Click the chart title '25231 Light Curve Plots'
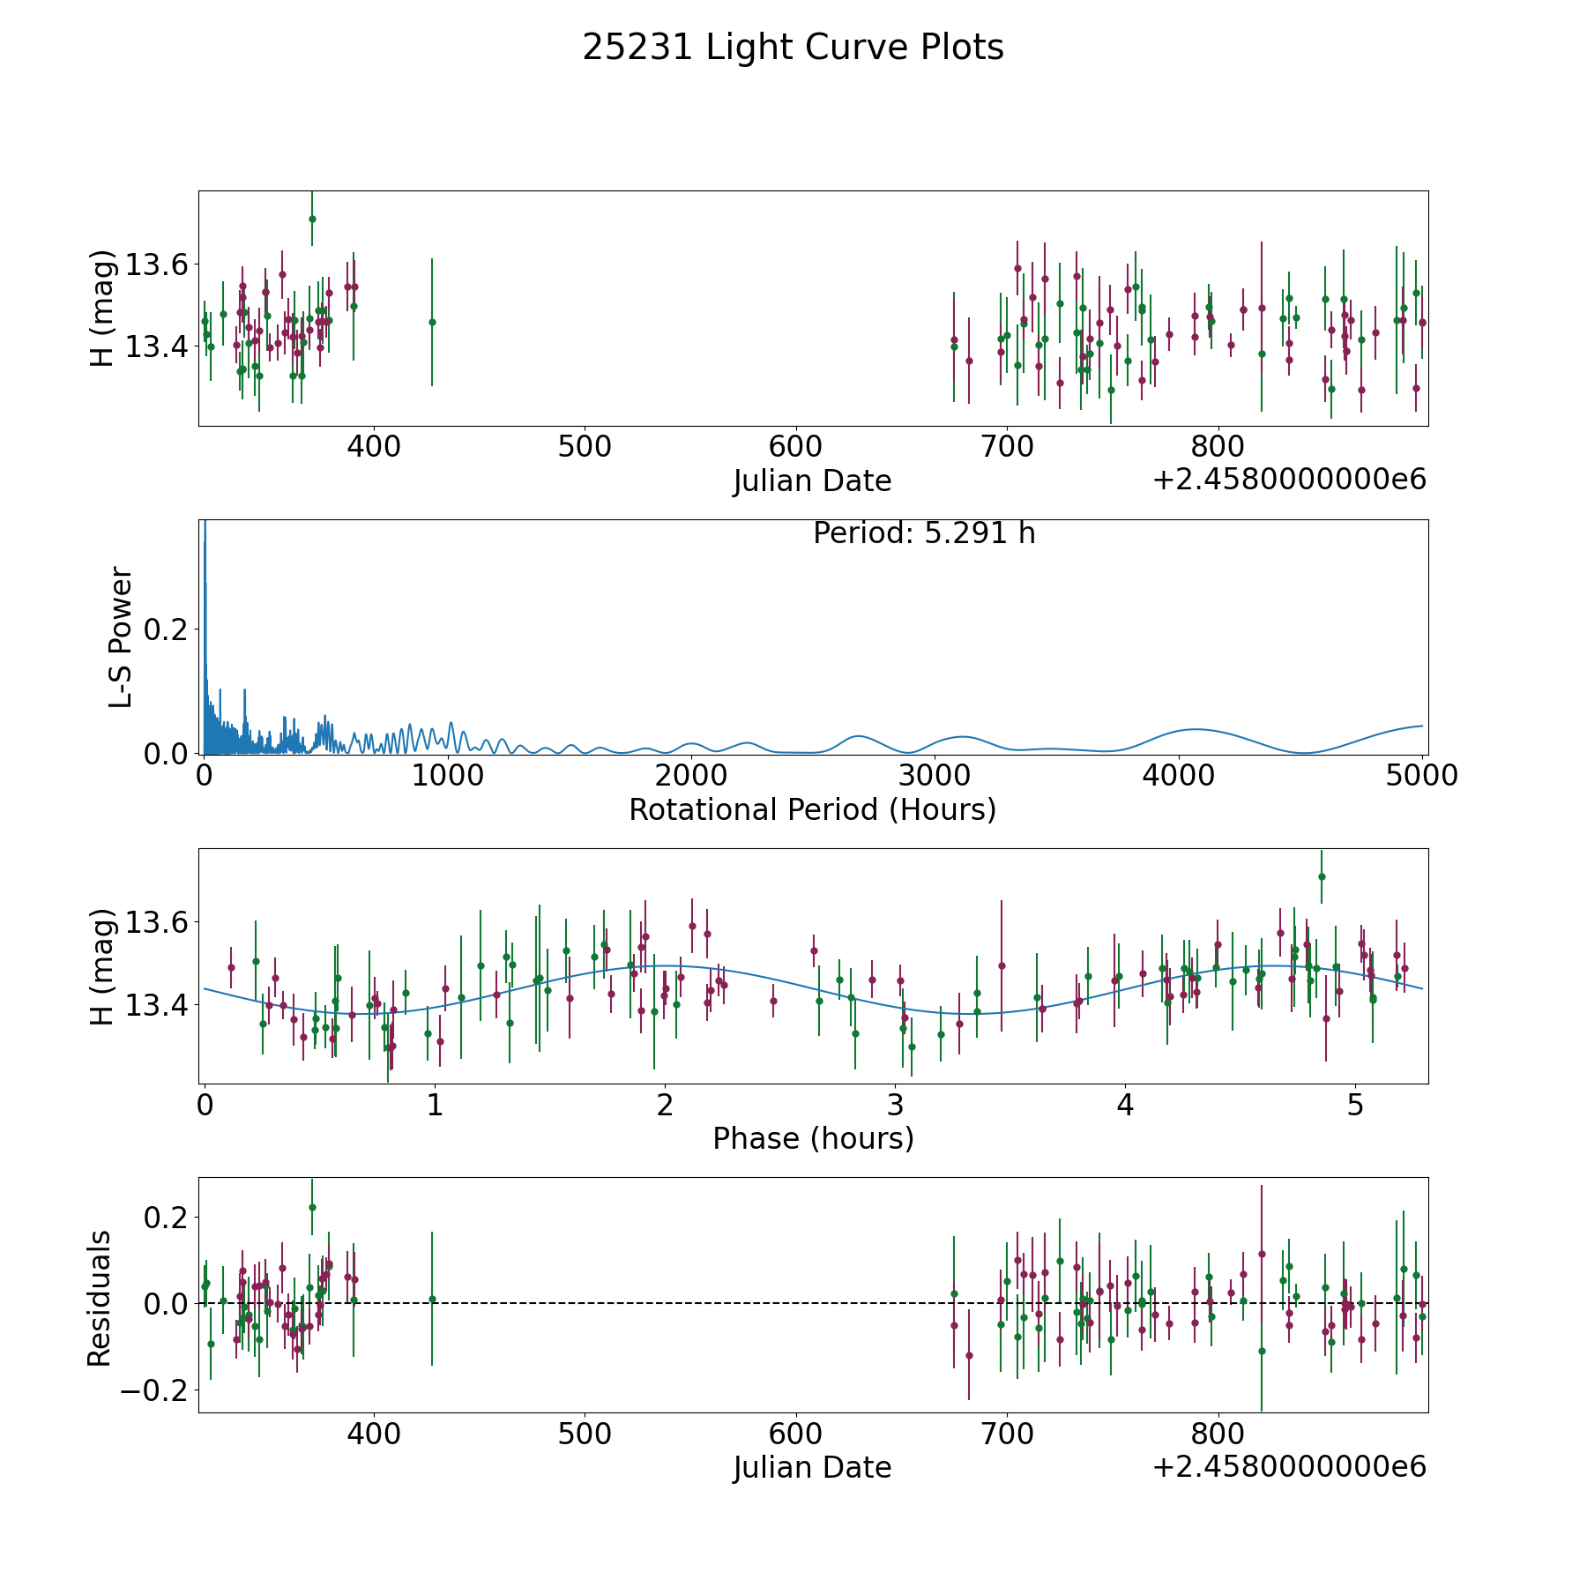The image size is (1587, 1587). tap(793, 48)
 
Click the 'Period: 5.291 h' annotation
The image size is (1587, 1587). tap(924, 533)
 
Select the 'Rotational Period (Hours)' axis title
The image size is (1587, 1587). tap(812, 809)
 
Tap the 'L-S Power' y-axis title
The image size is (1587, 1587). tap(121, 637)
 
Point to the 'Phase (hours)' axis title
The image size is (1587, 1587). tap(813, 1138)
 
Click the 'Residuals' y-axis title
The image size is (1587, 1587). tap(100, 1298)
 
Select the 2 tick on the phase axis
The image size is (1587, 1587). tap(665, 1105)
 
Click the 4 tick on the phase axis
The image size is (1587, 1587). tap(1125, 1105)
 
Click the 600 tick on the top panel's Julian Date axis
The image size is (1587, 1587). tap(795, 447)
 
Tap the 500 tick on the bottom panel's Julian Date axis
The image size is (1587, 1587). tap(585, 1434)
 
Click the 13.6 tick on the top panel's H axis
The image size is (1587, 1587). tap(155, 264)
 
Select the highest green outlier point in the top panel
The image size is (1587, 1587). tap(312, 219)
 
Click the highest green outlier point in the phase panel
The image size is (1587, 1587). tap(1322, 876)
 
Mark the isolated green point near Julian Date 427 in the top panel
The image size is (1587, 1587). tap(432, 322)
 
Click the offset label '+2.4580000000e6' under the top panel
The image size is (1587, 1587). tap(1289, 481)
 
